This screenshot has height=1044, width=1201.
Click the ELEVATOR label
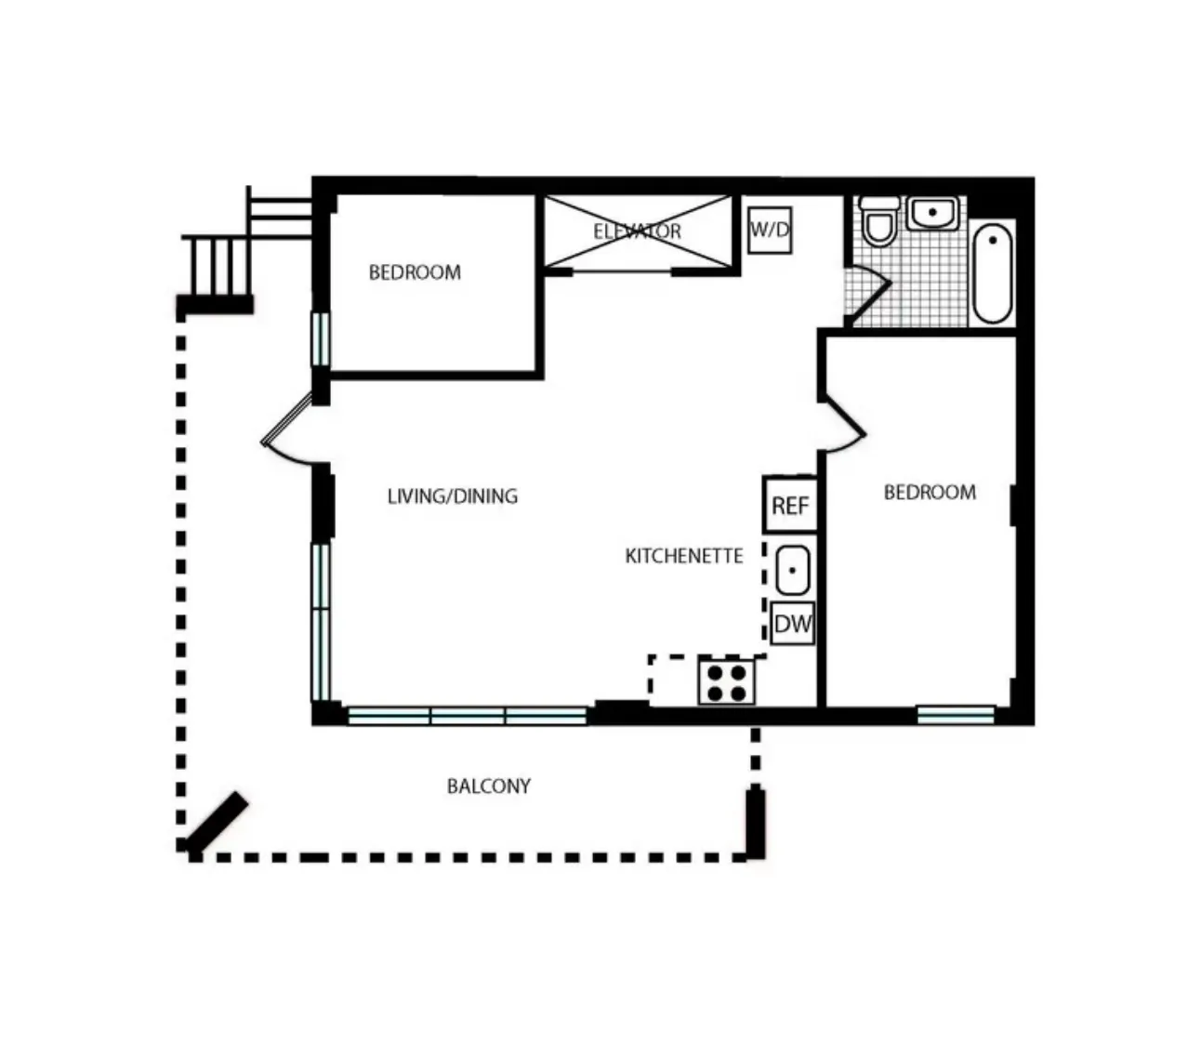pos(638,231)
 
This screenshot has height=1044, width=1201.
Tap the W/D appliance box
pos(770,230)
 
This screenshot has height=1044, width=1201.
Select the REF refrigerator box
pos(790,505)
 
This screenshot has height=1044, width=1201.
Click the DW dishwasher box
pos(792,624)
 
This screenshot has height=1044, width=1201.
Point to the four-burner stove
pos(727,681)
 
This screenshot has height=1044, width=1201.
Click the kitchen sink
pos(792,570)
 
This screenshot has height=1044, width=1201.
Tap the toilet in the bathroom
pos(878,220)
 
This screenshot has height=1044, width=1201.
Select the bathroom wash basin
pos(932,213)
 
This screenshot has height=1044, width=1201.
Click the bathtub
pos(993,271)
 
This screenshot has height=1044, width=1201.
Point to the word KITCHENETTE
pos(684,556)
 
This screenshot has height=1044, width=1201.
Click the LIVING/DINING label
pos(452,496)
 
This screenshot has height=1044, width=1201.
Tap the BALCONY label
pos(489,786)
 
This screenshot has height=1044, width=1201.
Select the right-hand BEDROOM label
pos(930,492)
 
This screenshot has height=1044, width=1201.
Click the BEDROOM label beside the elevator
pos(415,272)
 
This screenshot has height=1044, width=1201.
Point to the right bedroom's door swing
pos(844,428)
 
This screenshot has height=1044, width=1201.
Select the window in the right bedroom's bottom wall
pos(956,714)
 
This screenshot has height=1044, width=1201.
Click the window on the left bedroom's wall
pos(320,339)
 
